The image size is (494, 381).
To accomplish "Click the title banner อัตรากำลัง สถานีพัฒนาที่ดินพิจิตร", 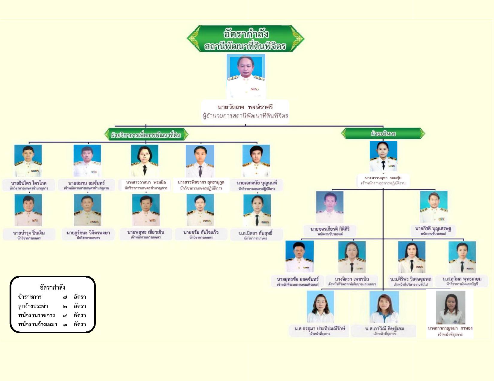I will click(246, 39).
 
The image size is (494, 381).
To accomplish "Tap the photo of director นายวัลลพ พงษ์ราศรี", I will click(246, 76).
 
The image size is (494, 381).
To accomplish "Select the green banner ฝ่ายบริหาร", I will click(383, 134).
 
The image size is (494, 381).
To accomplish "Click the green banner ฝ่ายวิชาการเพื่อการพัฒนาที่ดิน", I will click(146, 135).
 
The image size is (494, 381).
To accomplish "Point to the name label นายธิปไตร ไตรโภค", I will click(29, 183).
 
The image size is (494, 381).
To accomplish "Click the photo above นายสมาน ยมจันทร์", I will click(87, 160).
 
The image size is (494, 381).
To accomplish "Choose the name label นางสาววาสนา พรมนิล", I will click(146, 182).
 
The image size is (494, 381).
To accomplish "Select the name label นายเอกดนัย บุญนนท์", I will click(257, 183).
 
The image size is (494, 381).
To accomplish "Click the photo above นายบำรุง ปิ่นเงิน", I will click(28, 210).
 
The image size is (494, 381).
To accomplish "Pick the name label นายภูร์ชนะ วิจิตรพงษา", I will click(88, 232).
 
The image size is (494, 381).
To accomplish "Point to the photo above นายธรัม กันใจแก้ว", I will click(200, 210).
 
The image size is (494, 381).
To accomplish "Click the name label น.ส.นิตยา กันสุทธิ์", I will click(256, 233).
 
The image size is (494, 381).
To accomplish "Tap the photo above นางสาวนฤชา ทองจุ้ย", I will click(383, 156).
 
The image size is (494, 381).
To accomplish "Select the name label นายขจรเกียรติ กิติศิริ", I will click(330, 229).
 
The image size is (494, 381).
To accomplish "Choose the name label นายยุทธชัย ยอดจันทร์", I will click(298, 279).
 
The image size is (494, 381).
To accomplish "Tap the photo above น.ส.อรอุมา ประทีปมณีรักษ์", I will click(320, 307).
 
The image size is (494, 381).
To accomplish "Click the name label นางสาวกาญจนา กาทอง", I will click(450, 328).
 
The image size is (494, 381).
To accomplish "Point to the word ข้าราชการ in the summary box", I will click(30, 297).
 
